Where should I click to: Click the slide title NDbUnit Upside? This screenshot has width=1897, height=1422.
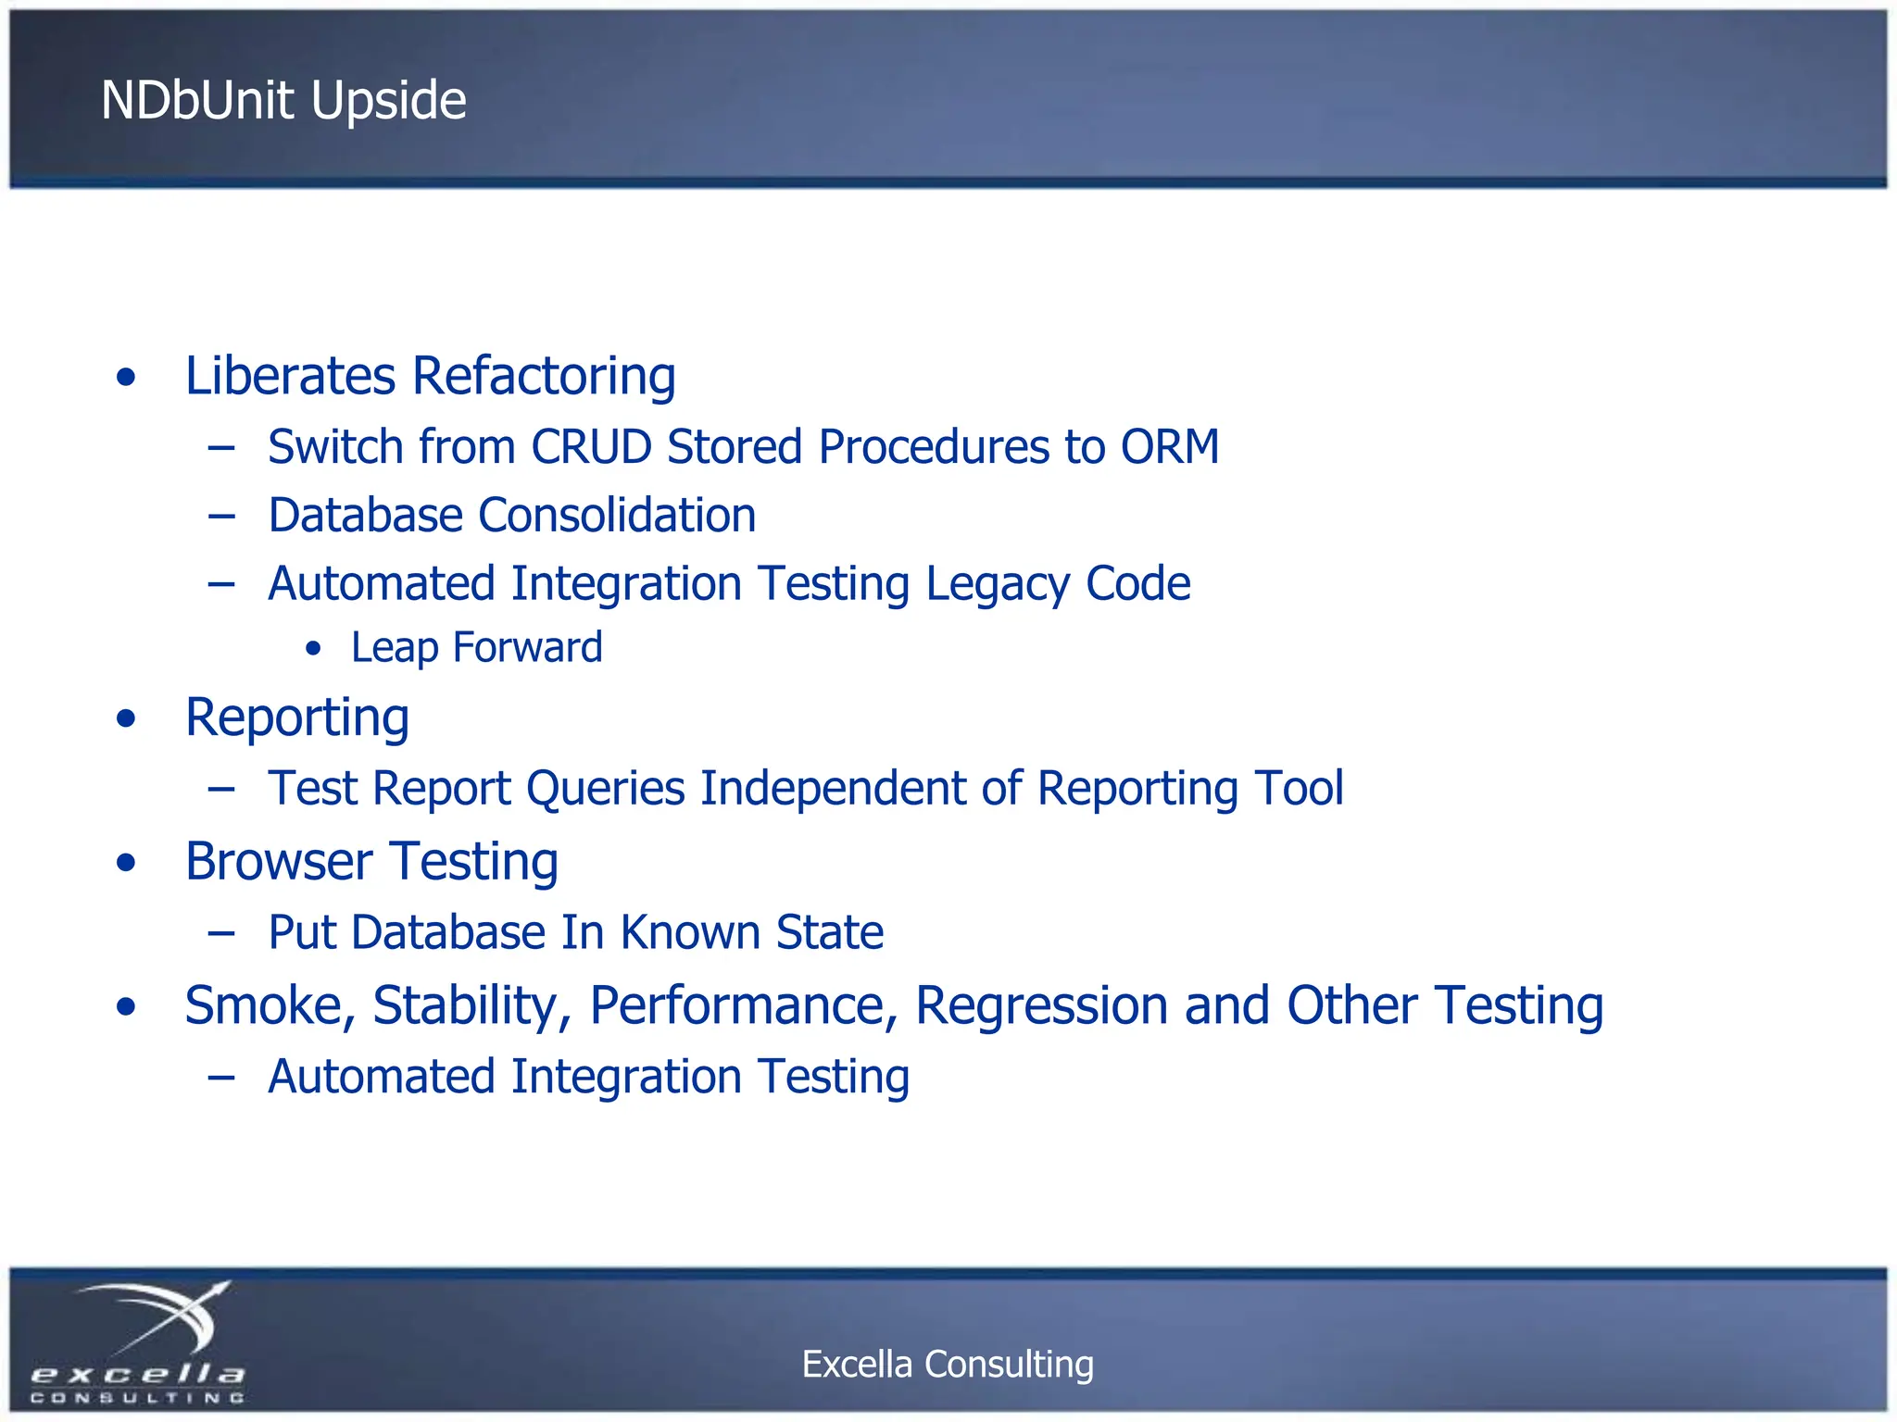[283, 100]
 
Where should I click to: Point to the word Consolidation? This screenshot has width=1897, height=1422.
[617, 516]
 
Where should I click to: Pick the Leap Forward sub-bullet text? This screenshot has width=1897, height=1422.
[476, 647]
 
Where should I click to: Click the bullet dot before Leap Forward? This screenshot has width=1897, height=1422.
[314, 649]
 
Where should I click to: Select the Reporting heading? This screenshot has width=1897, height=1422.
[296, 718]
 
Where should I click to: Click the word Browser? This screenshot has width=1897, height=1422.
[279, 862]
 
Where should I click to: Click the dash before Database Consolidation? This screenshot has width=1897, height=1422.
[221, 517]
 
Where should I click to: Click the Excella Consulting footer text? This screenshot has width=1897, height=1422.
[947, 1364]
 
